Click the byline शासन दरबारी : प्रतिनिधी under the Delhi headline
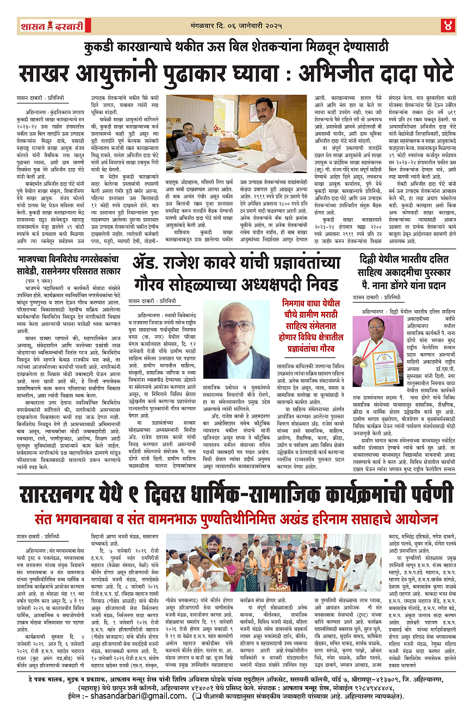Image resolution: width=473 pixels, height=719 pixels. coord(376,297)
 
